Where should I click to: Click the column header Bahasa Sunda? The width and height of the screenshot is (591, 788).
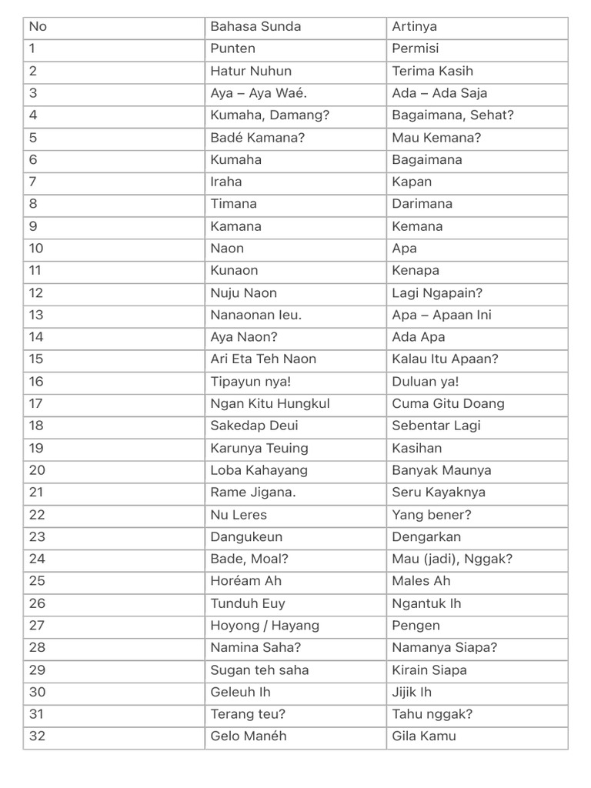click(255, 26)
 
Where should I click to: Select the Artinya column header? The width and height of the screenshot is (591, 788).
click(415, 26)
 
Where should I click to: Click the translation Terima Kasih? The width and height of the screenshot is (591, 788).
click(432, 71)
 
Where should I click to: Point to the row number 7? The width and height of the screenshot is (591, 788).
click(33, 182)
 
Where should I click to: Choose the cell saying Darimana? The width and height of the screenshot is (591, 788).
click(422, 204)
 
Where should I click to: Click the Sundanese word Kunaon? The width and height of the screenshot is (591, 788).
click(234, 270)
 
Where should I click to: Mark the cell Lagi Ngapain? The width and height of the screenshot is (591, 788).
click(437, 292)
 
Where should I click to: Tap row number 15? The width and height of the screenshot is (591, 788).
click(36, 359)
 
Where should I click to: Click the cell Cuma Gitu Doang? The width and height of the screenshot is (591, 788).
click(448, 403)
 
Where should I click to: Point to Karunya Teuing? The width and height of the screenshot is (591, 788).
click(259, 448)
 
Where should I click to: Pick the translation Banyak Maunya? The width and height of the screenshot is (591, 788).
click(442, 470)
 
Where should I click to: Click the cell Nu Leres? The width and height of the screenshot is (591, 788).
click(239, 515)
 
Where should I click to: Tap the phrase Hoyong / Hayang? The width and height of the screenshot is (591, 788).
click(265, 626)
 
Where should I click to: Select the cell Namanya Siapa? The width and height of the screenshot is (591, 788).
click(445, 648)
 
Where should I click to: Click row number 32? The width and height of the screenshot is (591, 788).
click(37, 736)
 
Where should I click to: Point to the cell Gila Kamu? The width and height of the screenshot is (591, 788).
click(424, 736)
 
